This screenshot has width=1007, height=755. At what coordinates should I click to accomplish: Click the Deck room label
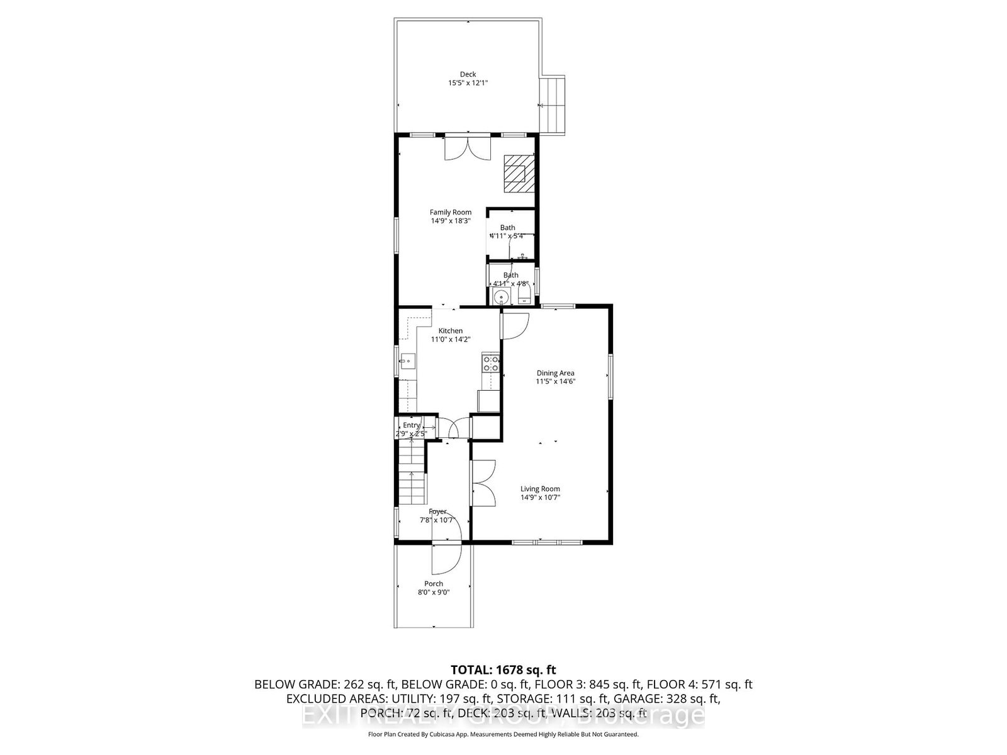tap(468, 74)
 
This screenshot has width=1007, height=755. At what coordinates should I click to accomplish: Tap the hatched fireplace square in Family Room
tap(518, 173)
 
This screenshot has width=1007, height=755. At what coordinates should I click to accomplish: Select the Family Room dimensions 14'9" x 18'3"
tap(451, 221)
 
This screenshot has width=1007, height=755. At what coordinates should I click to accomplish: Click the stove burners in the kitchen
tap(490, 363)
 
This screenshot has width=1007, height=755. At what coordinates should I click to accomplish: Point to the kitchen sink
tap(406, 361)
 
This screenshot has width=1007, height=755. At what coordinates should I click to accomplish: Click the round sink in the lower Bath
tap(501, 298)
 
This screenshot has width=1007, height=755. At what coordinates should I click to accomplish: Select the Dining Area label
tap(555, 373)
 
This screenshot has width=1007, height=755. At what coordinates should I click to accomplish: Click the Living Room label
tap(540, 489)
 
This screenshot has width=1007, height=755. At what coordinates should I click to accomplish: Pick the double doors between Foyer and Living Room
tap(483, 483)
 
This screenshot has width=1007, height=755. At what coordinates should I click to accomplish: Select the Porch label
tap(433, 584)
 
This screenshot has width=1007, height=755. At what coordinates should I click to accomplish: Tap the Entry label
tap(411, 425)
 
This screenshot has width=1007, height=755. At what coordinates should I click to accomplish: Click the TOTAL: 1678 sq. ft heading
tap(503, 669)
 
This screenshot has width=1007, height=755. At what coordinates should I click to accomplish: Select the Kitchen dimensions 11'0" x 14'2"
tap(451, 339)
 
